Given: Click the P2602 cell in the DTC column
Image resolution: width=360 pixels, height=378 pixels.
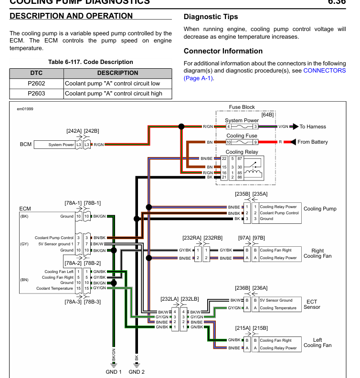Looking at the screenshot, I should (x=36, y=83).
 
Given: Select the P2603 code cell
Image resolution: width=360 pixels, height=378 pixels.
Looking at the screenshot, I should (x=36, y=94).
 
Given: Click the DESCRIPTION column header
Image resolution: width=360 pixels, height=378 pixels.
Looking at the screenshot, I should (x=117, y=73).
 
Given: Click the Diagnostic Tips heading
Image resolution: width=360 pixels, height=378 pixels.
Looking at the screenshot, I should (x=211, y=17).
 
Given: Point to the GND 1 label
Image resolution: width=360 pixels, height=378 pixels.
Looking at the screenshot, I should (x=114, y=372).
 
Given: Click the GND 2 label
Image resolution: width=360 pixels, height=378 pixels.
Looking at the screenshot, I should (x=137, y=372).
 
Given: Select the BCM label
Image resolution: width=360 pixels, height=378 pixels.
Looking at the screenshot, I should (x=26, y=145).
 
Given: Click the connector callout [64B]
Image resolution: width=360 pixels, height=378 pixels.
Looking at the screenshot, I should (x=267, y=115).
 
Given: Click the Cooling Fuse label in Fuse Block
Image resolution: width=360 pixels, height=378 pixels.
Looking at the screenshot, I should (x=242, y=136).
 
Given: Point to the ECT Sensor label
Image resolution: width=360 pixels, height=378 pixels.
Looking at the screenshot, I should (x=312, y=304).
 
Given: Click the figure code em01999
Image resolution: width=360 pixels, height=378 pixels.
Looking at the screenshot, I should (x=25, y=109).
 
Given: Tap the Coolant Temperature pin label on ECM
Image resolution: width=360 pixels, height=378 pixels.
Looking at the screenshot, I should (x=55, y=288).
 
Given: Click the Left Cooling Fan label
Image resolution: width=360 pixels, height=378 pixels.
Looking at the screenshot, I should (x=317, y=343).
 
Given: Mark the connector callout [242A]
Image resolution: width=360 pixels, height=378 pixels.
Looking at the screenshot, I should (x=74, y=130).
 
